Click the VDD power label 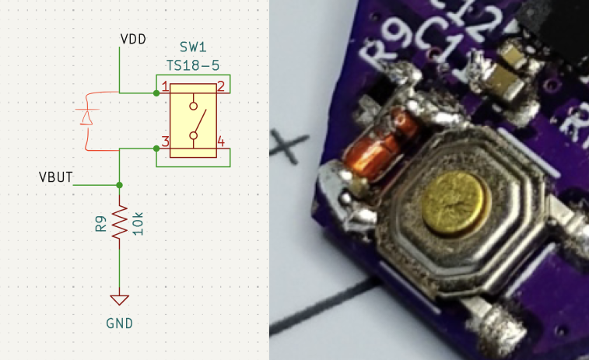[133, 38]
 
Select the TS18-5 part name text [193, 63]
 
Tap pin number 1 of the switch [165, 86]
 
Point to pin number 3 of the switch [165, 142]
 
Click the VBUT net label [55, 177]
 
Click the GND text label [119, 323]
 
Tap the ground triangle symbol [119, 299]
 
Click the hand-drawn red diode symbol [86, 117]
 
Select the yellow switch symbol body [193, 121]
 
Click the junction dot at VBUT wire [119, 185]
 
